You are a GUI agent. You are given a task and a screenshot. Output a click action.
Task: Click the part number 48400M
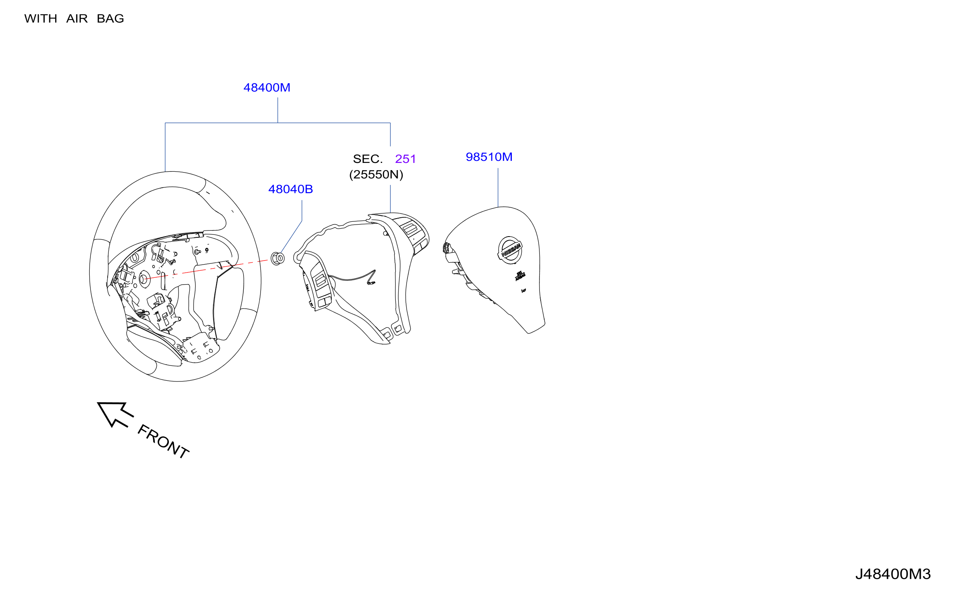pyautogui.click(x=267, y=88)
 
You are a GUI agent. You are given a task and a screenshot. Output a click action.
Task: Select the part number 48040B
pyautogui.click(x=291, y=189)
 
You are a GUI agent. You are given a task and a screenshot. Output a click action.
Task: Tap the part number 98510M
pyautogui.click(x=489, y=157)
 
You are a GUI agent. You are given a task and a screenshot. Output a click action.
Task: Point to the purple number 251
pyautogui.click(x=405, y=159)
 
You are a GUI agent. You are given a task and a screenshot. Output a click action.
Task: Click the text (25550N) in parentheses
pyautogui.click(x=376, y=175)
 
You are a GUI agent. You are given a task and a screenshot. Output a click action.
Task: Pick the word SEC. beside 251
pyautogui.click(x=368, y=159)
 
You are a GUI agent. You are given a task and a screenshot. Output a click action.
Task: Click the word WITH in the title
pyautogui.click(x=40, y=19)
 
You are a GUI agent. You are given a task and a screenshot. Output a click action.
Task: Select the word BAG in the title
pyautogui.click(x=110, y=19)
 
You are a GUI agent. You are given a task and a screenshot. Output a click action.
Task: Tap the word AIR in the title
pyautogui.click(x=77, y=19)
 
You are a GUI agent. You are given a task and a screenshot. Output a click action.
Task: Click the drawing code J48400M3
pyautogui.click(x=893, y=574)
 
